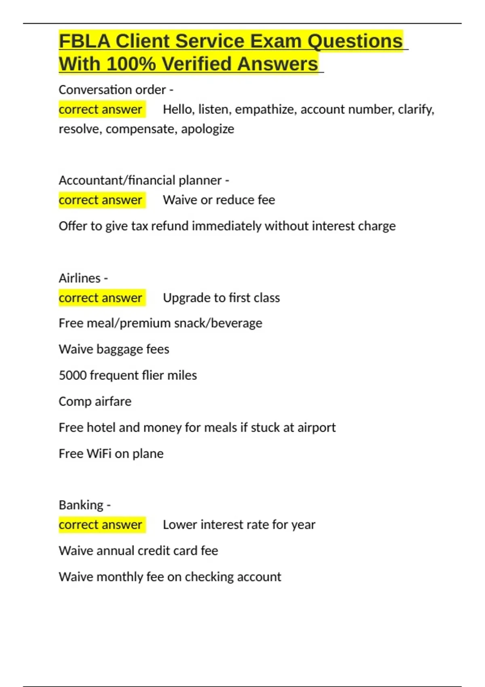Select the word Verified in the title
(x=196, y=64)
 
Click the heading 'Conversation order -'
(x=116, y=90)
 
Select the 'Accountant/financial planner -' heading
(x=144, y=180)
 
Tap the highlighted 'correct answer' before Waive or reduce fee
(x=100, y=200)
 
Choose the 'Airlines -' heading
(x=83, y=278)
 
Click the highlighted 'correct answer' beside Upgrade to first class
(x=100, y=298)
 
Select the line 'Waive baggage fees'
(x=114, y=349)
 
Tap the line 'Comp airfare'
(x=95, y=401)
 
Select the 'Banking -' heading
(x=84, y=505)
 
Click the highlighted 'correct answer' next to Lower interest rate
(x=100, y=525)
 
